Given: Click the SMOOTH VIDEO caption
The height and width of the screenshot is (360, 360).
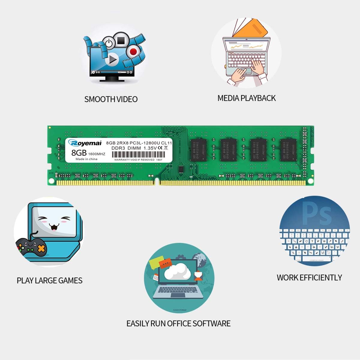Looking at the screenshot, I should pos(111,99).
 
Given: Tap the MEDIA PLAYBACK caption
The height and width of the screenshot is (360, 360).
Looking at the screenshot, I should pos(246,98).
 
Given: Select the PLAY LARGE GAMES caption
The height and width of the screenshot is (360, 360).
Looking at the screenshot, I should pos(49,280).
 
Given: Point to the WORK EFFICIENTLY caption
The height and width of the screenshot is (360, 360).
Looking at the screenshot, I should pos(309,277).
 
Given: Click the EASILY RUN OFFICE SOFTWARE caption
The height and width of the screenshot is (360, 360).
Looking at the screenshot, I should pos(178,323).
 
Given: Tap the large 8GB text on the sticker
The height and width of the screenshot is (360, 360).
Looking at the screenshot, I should pos(79,153).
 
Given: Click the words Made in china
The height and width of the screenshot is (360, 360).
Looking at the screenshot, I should pos(86,159).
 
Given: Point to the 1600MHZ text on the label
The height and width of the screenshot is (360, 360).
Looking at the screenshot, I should pos(97,154).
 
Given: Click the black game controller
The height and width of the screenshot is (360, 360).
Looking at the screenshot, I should pos(31,247).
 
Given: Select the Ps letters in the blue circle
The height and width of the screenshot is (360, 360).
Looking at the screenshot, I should pos(316,213).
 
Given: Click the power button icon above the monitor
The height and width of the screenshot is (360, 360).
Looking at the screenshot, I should pos(109,43).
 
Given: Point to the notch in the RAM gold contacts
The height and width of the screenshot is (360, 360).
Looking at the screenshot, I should pos(157,181).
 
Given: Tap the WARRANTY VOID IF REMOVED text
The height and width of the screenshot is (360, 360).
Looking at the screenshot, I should pos(134,160).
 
